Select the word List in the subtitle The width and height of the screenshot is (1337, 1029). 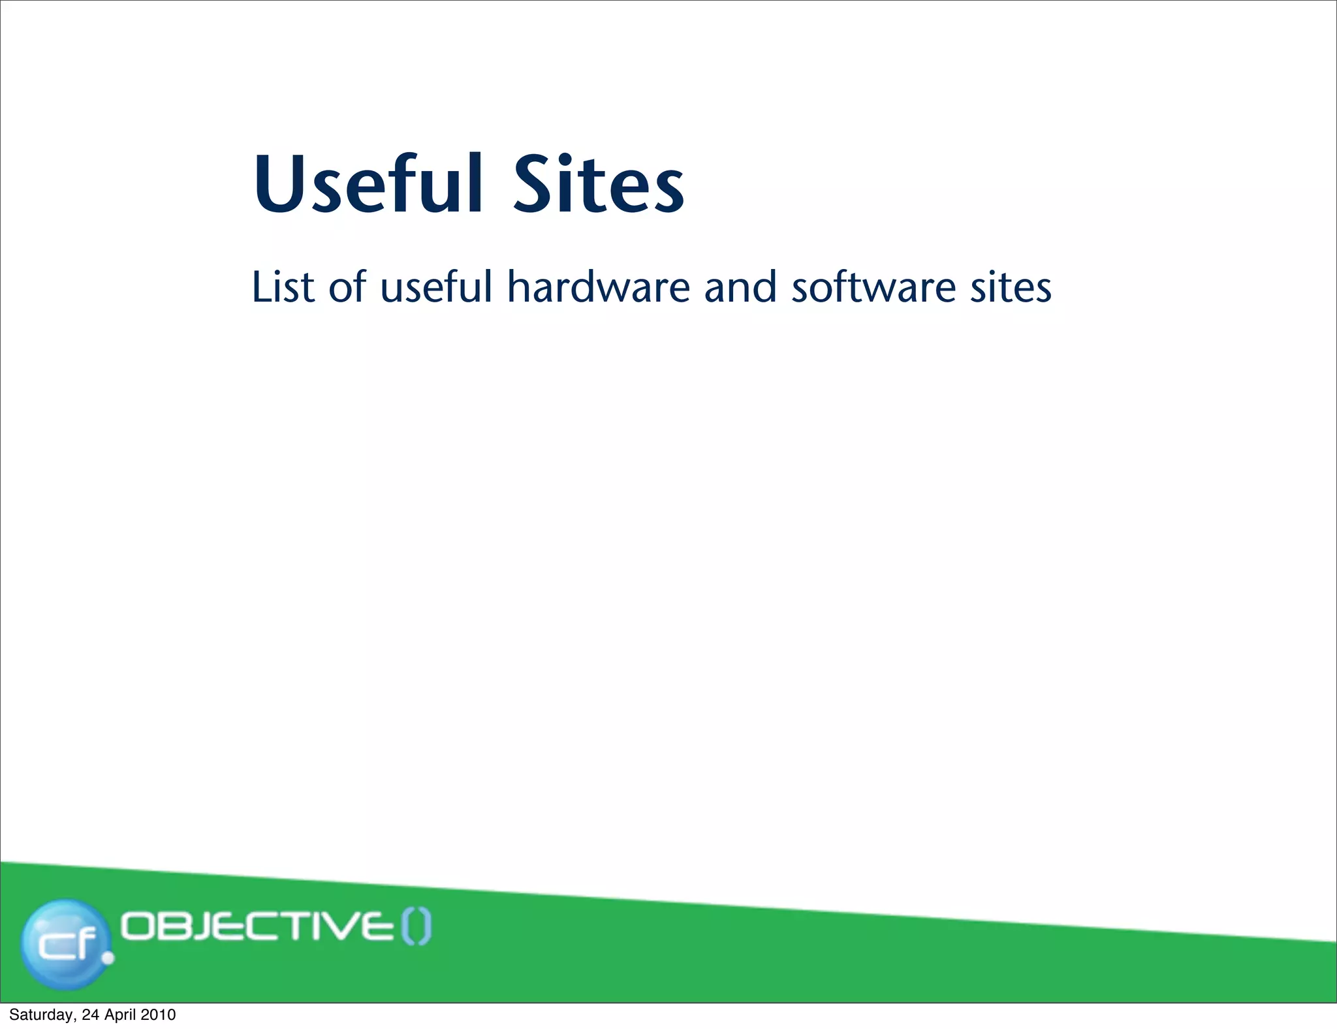coord(283,287)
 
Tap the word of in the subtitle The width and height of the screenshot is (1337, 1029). coord(347,287)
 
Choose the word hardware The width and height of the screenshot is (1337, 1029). coord(599,287)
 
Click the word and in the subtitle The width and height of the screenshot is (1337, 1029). coord(740,287)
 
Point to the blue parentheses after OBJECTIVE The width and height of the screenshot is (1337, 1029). coord(416,927)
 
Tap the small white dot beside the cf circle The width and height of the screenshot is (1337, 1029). coord(108,958)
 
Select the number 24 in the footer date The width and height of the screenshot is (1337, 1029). coord(90,1015)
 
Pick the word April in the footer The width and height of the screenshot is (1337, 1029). coord(119,1015)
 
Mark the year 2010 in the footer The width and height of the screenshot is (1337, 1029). coord(159,1015)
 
